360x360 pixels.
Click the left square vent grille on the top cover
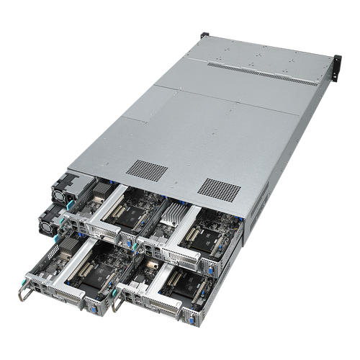click(143, 168)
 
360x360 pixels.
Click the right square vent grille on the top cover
click(217, 186)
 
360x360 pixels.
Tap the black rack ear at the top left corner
click(204, 34)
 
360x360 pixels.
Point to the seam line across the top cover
click(216, 97)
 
